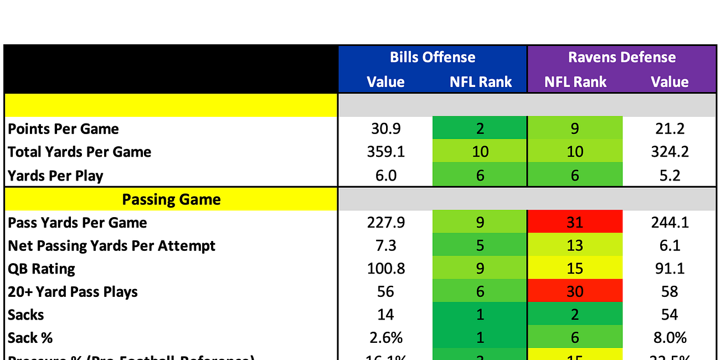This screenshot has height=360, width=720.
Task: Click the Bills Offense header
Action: pos(432,58)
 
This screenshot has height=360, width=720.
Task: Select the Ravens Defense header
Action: pos(621,58)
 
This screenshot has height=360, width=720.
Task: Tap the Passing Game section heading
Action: pos(171,199)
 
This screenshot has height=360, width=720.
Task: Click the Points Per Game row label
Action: pos(63,129)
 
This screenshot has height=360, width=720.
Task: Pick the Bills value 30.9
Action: pos(385,129)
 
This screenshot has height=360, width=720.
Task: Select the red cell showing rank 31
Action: pos(575,222)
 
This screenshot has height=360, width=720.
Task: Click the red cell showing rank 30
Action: pos(575,292)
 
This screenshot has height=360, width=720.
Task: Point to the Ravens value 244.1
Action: pos(669,222)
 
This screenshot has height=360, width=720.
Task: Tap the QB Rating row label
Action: pos(42,269)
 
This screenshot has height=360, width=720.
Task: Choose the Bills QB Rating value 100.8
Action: pos(385,269)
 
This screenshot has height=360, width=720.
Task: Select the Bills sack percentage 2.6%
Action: pos(385,338)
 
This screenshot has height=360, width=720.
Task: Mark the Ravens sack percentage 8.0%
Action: pos(669,338)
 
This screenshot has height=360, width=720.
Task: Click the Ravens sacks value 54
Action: pos(669,315)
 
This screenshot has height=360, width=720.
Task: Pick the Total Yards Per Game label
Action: pos(79,152)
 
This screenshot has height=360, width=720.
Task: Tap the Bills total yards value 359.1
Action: pos(385,152)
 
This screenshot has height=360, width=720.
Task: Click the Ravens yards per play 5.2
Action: pos(669,176)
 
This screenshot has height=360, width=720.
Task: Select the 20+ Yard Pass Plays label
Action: pos(73,292)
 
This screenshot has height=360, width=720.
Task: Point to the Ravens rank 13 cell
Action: pos(575,245)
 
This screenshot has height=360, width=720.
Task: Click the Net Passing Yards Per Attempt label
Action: pos(111,245)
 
